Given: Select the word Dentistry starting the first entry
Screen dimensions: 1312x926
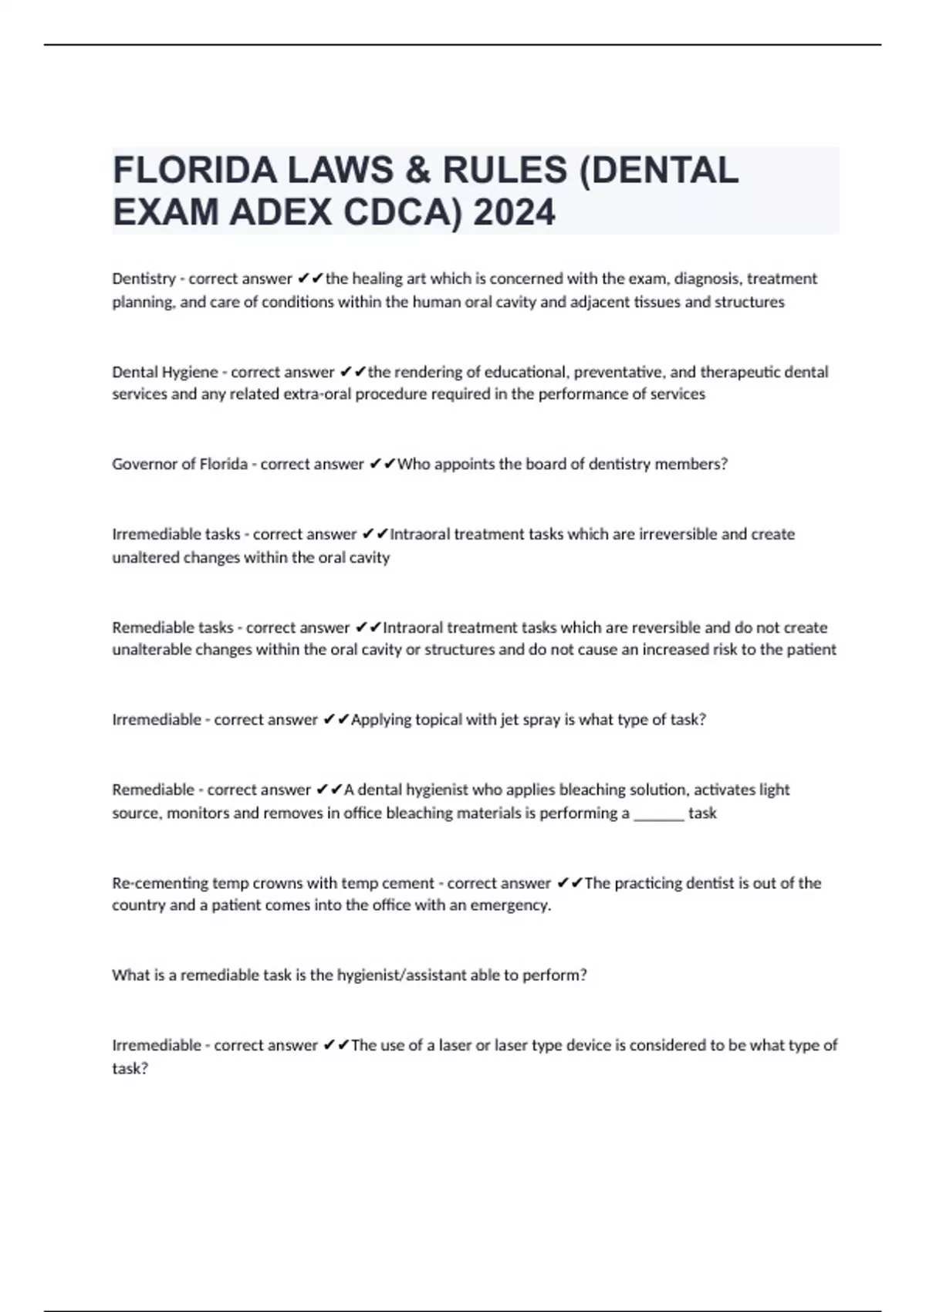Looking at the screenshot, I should tap(144, 279).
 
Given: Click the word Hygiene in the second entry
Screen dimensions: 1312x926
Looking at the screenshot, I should tap(189, 372).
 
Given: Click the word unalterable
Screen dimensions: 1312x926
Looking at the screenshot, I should tap(151, 650).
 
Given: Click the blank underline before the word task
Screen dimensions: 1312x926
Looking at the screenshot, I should tap(658, 813).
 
